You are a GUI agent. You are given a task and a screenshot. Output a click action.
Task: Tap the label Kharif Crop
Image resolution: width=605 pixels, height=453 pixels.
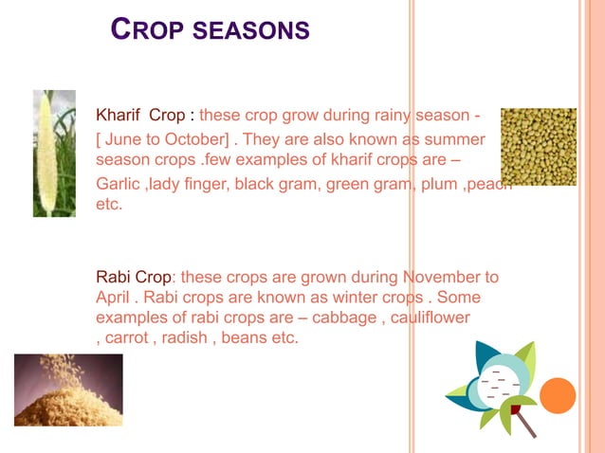[x=141, y=117]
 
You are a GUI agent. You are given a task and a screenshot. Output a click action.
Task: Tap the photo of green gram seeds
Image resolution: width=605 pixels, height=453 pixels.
[x=538, y=147]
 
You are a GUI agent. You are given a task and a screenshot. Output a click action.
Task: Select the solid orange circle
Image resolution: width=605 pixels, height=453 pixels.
[x=558, y=396]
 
